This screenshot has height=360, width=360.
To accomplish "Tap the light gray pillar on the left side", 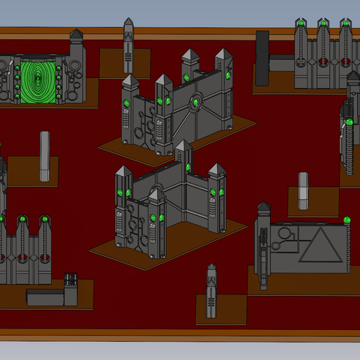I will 45,156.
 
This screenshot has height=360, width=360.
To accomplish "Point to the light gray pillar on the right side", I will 303,189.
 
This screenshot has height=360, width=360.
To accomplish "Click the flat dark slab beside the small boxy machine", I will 45,297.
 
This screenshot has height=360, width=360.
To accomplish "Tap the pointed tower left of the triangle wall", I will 264,244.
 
